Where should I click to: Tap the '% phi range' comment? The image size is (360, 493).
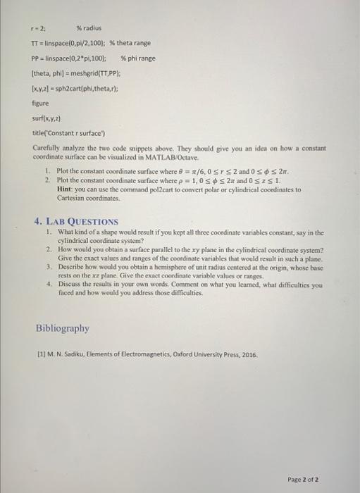(138, 58)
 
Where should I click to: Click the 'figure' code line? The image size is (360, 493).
(42, 102)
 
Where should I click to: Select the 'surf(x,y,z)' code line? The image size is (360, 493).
(47, 117)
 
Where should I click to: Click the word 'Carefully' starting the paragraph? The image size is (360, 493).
(46, 146)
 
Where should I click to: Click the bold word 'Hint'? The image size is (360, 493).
(63, 189)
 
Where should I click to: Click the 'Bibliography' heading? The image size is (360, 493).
(63, 327)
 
